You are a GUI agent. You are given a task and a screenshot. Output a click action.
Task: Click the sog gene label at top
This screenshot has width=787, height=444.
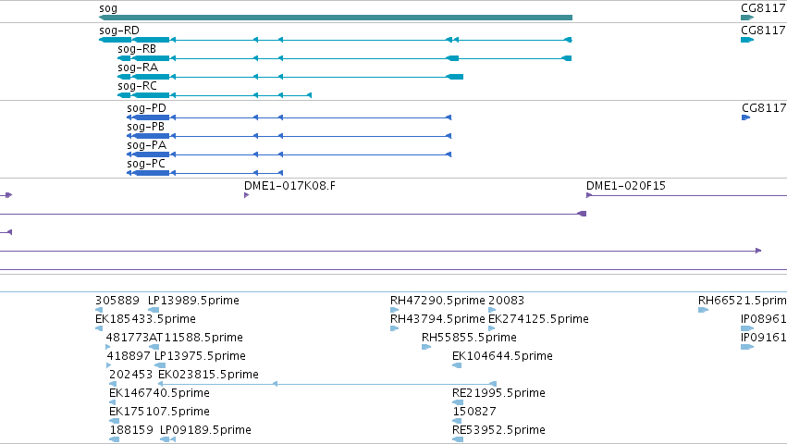click(108, 8)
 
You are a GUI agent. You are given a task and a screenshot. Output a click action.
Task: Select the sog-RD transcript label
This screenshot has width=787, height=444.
click(119, 31)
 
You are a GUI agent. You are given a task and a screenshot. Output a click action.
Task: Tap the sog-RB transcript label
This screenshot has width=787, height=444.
click(137, 49)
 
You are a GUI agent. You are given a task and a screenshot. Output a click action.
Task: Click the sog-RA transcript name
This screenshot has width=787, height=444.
click(138, 68)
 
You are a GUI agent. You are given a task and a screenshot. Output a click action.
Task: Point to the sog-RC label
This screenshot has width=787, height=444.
click(137, 86)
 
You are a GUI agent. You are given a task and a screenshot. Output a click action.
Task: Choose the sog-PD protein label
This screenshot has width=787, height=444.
click(146, 108)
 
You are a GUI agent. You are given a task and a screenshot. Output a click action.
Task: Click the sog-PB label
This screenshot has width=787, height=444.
click(145, 127)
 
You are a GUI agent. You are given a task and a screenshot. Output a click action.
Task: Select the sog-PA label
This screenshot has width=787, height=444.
click(146, 145)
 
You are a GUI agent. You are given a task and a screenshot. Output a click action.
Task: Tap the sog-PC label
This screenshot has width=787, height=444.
click(145, 164)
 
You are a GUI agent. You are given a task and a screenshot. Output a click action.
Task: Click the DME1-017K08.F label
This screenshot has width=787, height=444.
click(289, 186)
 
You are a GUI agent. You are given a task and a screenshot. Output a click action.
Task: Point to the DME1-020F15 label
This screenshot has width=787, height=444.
click(626, 186)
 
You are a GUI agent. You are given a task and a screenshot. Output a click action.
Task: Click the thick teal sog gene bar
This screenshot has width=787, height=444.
click(336, 18)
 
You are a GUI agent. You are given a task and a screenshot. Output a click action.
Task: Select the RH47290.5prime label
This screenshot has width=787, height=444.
click(437, 301)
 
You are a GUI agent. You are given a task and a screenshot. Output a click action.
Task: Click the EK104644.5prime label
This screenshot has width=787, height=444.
click(502, 355)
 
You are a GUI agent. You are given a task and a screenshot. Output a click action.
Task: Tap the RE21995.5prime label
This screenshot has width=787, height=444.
click(498, 393)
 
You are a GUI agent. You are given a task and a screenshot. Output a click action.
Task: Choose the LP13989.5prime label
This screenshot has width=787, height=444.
click(193, 301)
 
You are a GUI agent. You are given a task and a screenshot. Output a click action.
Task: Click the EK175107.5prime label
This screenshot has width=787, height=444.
click(159, 412)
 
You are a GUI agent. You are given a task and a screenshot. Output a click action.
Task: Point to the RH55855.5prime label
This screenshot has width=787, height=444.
click(469, 337)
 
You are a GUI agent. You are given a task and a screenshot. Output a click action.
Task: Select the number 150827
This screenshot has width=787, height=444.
click(474, 412)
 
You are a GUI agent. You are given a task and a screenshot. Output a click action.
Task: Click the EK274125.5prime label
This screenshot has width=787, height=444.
click(538, 319)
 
